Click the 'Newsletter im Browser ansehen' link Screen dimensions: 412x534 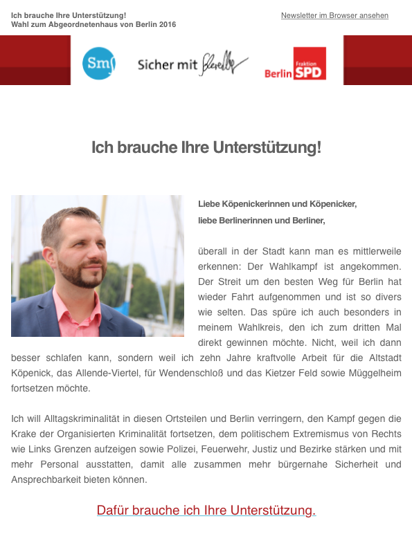(334, 15)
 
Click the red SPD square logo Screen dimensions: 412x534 (309, 64)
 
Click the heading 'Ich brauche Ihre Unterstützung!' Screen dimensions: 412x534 (206, 147)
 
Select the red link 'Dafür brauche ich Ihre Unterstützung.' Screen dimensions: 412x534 (206, 511)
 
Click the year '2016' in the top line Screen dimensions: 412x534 (168, 24)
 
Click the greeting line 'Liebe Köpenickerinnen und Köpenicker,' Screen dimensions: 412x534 (277, 204)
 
